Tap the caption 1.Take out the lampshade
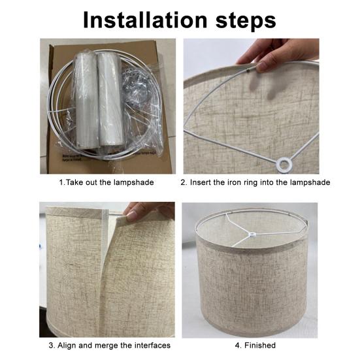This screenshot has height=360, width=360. click(x=106, y=182)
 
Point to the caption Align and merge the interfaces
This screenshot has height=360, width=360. click(x=109, y=345)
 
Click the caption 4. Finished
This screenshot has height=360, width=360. click(x=255, y=345)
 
